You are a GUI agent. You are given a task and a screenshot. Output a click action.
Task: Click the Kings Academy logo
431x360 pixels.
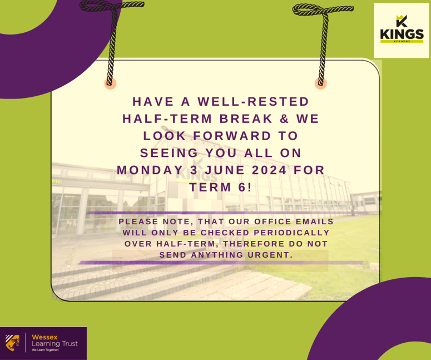[x=402, y=31]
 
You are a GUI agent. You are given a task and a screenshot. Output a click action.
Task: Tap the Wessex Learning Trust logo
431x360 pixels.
[x=43, y=342]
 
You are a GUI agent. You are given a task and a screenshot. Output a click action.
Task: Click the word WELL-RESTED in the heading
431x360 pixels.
[x=254, y=102]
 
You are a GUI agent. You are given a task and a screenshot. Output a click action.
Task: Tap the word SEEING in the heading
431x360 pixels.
[x=170, y=153]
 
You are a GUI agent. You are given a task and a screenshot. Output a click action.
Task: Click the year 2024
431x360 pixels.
[x=270, y=170]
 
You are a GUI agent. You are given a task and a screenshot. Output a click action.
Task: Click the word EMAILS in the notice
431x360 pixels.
[x=311, y=221]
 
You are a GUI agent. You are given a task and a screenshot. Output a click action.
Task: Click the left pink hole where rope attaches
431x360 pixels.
[x=110, y=83]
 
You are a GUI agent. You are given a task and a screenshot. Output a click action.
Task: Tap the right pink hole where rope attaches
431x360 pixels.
[x=320, y=83]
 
